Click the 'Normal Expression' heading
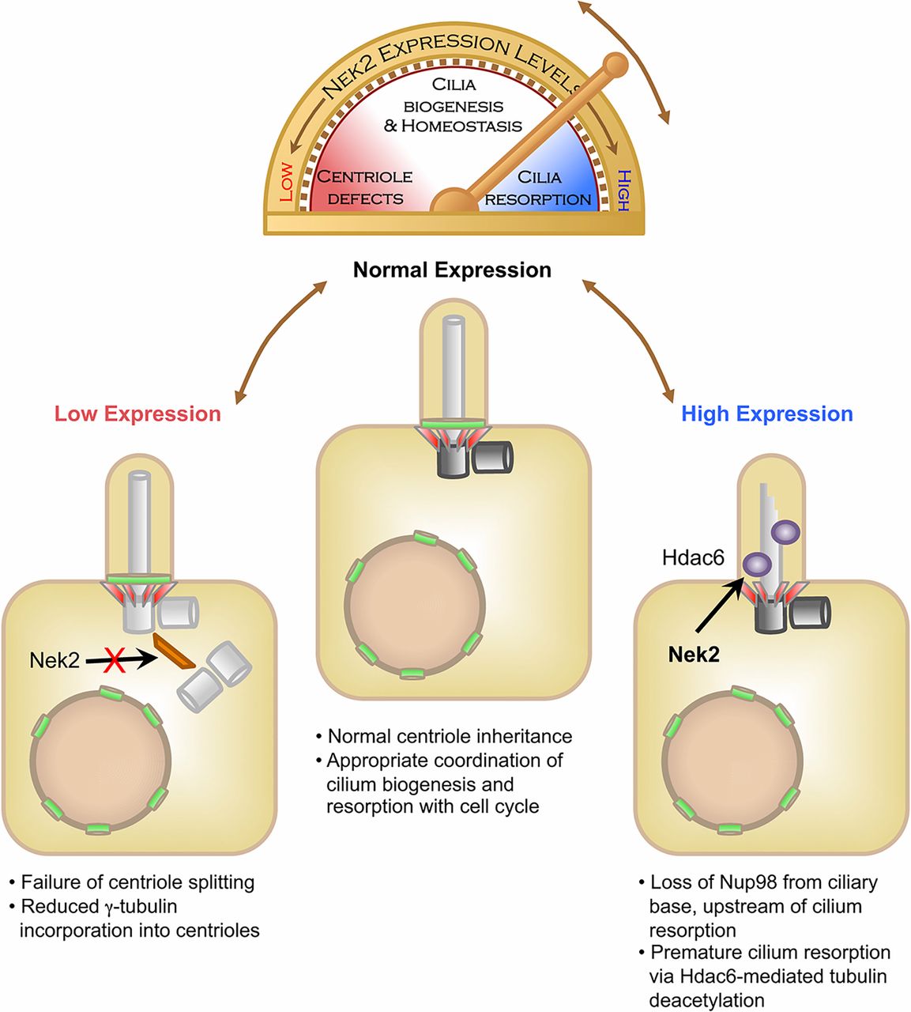point(452,270)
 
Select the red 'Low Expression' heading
point(137,414)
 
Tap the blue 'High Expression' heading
point(766,414)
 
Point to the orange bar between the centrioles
point(175,651)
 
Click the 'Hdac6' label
point(693,558)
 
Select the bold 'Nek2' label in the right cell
point(694,654)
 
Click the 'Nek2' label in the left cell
point(55,659)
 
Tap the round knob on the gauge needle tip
point(615,65)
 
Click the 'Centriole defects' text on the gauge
point(365,187)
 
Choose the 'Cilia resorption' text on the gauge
point(538,188)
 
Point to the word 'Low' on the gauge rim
point(286,182)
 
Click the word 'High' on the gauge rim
point(623,190)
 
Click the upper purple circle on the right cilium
point(785,531)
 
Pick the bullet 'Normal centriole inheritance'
point(450,737)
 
